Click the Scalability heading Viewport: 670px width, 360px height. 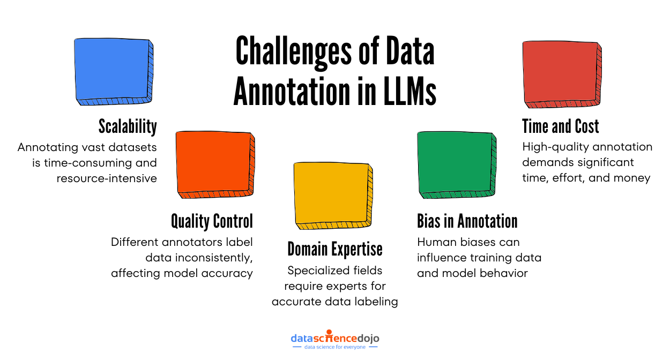click(128, 126)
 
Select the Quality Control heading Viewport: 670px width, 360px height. click(212, 221)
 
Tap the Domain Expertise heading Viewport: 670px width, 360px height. click(335, 249)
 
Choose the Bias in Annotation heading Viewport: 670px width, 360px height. click(467, 221)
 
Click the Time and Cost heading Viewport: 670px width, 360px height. click(561, 126)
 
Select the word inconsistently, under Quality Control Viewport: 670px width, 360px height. click(198, 258)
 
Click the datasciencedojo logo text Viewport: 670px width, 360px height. click(335, 338)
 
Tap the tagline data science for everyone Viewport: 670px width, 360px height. click(335, 347)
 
